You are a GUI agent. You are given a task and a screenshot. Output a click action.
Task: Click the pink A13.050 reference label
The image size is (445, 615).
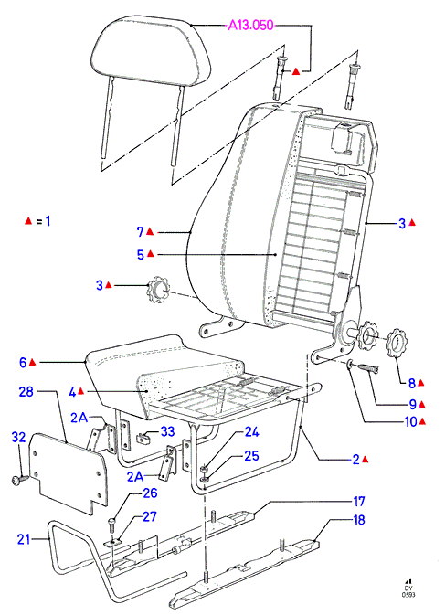point(250,25)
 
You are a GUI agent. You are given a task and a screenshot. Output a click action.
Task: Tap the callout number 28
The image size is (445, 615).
point(26,391)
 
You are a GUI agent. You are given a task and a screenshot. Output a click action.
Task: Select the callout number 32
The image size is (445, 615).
point(18,437)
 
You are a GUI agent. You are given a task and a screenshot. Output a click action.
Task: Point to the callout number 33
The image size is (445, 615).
point(167,431)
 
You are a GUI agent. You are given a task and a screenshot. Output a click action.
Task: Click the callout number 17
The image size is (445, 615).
point(359,502)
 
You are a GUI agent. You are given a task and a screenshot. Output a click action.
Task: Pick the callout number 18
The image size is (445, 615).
point(359,520)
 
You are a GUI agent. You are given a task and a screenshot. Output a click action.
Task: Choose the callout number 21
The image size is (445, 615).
point(24,539)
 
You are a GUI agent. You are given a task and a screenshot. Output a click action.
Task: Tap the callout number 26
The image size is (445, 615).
point(150,493)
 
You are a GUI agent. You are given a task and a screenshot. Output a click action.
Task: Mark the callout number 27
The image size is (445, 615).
point(149,516)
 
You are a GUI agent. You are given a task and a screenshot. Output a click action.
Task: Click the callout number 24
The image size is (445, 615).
point(251,432)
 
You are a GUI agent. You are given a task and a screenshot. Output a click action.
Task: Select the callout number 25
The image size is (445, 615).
point(251,455)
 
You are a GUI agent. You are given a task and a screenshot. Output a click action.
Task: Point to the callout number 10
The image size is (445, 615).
point(410,421)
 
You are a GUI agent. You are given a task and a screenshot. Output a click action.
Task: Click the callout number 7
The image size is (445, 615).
point(141,232)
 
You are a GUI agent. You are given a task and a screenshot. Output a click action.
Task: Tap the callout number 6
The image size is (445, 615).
point(23,363)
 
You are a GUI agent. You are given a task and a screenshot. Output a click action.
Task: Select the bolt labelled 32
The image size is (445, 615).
point(20,479)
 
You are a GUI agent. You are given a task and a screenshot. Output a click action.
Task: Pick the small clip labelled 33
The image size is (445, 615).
point(143,438)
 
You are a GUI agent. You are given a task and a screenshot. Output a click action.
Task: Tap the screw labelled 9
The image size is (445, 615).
point(367,367)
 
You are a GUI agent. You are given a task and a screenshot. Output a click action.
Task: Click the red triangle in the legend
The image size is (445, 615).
point(27,221)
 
